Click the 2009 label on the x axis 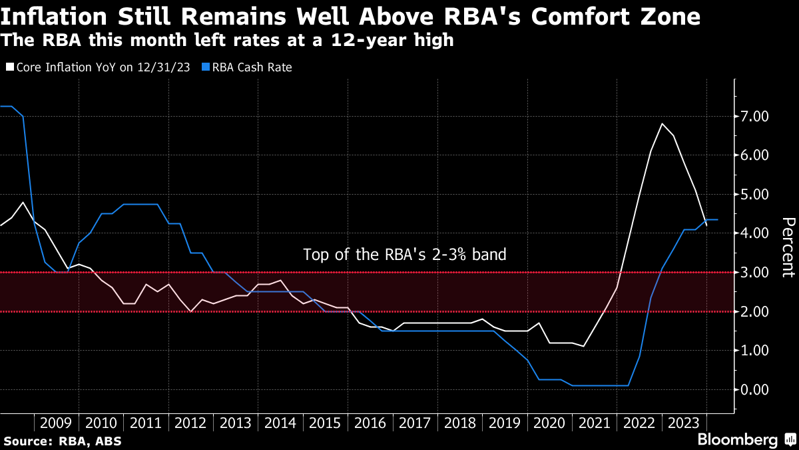(57, 423)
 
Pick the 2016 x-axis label (371, 423)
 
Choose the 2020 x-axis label (550, 423)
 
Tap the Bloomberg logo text (737, 439)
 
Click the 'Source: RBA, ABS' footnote (63, 441)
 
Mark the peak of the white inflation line (662, 124)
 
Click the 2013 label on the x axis (236, 423)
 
